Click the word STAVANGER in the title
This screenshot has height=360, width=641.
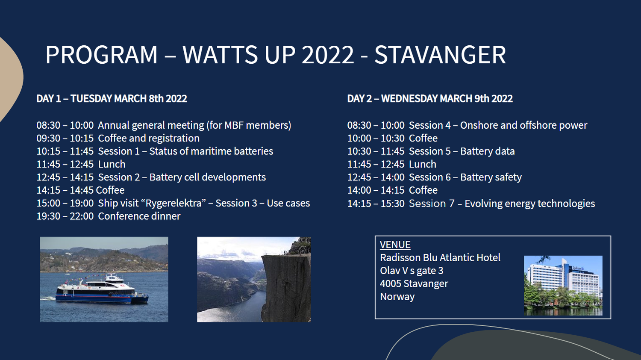click(440, 54)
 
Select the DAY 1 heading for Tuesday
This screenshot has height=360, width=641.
click(112, 98)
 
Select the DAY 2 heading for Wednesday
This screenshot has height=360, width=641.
click(430, 98)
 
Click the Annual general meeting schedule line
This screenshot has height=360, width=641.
click(164, 125)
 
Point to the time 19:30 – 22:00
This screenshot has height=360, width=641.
click(65, 216)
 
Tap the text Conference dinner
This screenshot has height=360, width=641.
click(139, 216)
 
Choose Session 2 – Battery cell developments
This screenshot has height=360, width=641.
click(182, 177)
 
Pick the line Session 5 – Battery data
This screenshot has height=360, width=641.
click(462, 151)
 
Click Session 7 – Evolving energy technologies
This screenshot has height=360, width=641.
click(502, 204)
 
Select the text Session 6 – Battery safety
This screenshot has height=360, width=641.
click(465, 177)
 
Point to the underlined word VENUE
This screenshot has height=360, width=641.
click(395, 245)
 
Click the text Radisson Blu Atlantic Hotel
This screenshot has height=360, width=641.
click(440, 257)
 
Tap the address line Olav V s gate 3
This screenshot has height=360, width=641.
click(412, 270)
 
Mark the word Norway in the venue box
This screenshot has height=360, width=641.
click(397, 297)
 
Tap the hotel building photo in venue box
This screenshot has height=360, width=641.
click(563, 286)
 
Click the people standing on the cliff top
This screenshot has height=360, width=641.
click(285, 252)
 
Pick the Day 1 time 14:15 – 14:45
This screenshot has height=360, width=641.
click(65, 190)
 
